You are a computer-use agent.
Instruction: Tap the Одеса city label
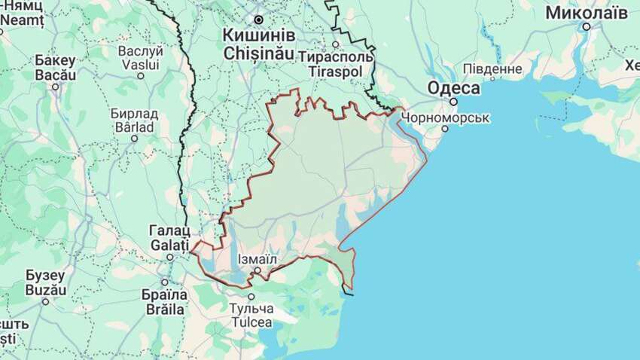point(454,88)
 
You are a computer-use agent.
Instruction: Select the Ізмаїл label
point(258,259)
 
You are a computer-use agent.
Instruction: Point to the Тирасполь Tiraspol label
point(336,63)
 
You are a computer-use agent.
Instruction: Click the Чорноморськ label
point(446,117)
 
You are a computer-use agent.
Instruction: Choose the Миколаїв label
point(587,12)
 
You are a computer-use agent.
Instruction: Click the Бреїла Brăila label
point(164,301)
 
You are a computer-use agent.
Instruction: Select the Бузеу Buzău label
point(46,282)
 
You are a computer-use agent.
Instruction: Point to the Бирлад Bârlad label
point(134,120)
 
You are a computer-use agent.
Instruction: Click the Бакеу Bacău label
point(55,68)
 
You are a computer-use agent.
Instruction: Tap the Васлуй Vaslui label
point(141,58)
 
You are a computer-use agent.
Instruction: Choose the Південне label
point(492,69)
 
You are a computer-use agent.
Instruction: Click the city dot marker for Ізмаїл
point(257,270)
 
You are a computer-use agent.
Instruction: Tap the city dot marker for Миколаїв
point(586,26)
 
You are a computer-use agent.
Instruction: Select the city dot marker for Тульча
point(251,297)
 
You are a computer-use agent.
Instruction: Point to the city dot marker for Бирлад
point(134,138)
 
